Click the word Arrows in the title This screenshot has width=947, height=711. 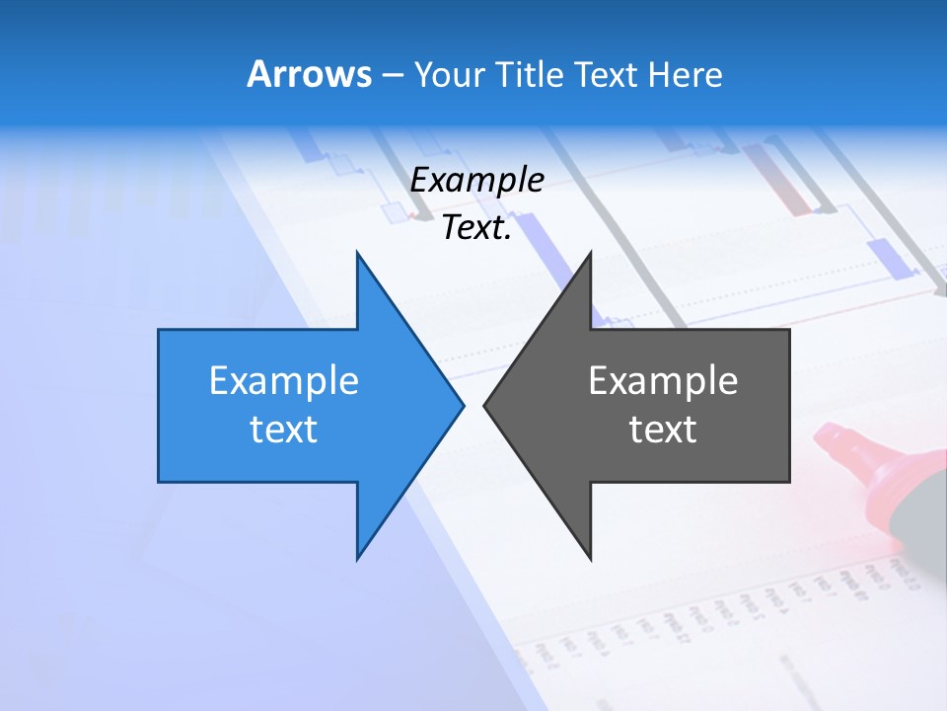308,74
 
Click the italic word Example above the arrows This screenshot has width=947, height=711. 477,180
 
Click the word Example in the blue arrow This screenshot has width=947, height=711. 284,380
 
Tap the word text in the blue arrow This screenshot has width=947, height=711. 284,429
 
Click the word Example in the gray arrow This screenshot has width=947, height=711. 663,380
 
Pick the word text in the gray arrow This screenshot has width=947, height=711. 663,429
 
